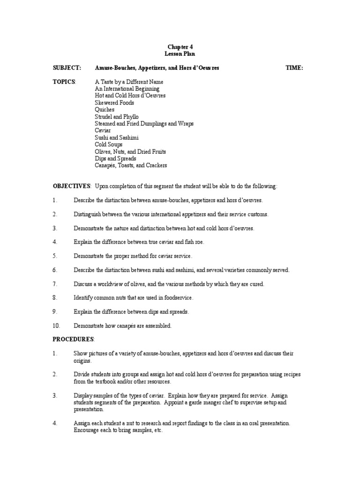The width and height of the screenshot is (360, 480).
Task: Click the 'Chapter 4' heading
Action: [180, 47]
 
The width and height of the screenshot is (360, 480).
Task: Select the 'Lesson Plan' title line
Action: [180, 54]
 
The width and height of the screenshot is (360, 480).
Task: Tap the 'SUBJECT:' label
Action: [67, 68]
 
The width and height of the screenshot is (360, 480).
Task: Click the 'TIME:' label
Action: [294, 68]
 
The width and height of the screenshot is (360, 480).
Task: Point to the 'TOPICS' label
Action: [64, 82]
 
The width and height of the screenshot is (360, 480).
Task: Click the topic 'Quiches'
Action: [105, 110]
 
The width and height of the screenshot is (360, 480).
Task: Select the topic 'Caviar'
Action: [103, 131]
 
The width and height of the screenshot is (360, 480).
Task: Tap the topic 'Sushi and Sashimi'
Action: [117, 138]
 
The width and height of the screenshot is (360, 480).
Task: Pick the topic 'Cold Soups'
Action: [108, 145]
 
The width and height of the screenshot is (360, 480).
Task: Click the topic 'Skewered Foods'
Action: [114, 103]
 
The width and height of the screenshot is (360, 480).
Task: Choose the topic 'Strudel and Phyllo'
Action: [117, 117]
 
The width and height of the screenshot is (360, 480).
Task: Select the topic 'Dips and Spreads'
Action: [115, 159]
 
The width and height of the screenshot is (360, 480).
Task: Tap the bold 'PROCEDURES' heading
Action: [73, 339]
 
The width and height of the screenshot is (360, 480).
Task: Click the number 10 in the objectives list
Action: [56, 326]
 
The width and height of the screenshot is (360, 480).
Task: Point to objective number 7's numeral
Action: [55, 284]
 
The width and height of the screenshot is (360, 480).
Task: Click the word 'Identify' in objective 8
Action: [83, 298]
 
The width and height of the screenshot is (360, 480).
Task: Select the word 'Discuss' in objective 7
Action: [83, 284]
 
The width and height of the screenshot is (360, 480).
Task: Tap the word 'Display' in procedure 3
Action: [82, 396]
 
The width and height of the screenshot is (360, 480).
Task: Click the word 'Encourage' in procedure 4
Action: [87, 430]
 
